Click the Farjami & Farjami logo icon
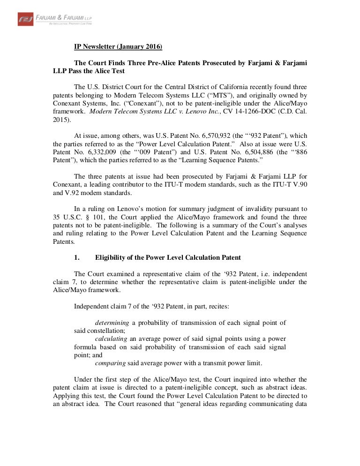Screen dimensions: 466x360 tap(25, 19)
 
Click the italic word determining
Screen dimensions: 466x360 tap(112, 322)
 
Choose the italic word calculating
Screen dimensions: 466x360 tap(111, 338)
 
